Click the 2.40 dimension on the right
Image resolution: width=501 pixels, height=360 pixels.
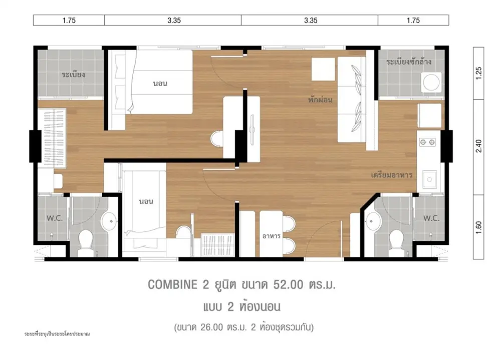[478, 146]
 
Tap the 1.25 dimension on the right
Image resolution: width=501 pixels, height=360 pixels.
[478, 73]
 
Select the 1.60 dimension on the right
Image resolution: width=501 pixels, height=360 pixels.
[478, 227]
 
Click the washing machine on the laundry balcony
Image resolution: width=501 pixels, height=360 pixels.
[431, 83]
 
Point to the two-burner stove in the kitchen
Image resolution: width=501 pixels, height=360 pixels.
[427, 142]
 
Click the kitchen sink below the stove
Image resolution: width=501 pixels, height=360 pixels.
[429, 180]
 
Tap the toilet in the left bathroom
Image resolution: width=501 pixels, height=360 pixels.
[85, 242]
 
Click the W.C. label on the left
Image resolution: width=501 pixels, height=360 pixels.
[55, 218]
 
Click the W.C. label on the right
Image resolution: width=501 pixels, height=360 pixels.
[431, 218]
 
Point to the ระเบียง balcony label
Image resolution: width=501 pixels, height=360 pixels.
[73, 75]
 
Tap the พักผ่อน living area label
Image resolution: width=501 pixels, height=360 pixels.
[320, 100]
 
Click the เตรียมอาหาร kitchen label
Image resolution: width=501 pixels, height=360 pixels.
[391, 175]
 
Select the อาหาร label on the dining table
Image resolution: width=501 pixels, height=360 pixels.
[271, 236]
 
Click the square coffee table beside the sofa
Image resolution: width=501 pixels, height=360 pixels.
[323, 69]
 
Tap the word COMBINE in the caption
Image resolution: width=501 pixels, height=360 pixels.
[172, 284]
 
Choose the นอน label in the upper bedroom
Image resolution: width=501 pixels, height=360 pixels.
[160, 84]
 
